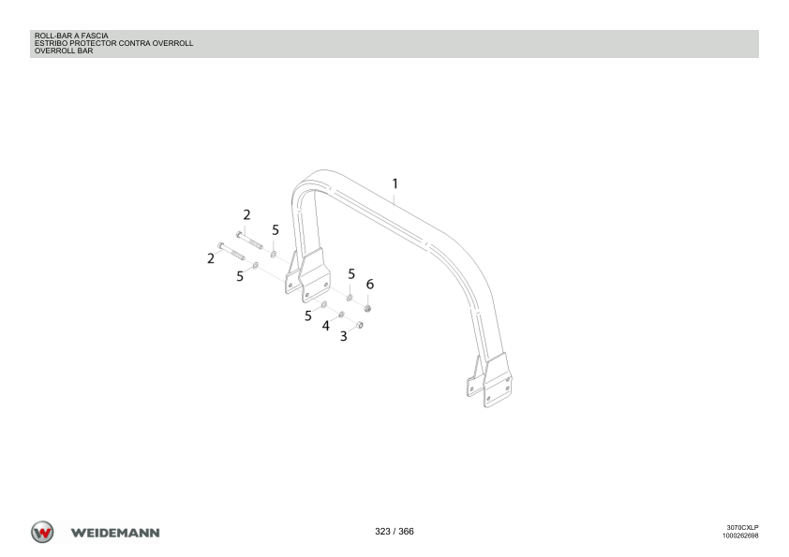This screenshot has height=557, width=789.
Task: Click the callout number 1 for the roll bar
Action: (395, 184)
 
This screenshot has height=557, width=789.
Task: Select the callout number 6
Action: (370, 285)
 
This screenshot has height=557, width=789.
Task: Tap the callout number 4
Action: (325, 327)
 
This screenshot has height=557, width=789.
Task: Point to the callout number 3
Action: (344, 336)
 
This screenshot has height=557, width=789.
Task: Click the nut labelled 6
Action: (368, 308)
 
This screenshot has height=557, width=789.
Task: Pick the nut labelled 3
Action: (360, 325)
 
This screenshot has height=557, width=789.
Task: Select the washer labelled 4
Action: (342, 315)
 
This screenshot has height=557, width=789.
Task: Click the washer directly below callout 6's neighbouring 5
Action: (350, 298)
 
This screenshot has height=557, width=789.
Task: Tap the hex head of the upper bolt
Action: (239, 234)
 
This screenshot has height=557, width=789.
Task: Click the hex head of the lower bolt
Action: (220, 246)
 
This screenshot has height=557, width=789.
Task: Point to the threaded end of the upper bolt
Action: (256, 245)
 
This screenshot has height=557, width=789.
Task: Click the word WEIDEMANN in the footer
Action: (115, 533)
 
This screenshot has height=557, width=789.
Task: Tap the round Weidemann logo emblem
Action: (42, 532)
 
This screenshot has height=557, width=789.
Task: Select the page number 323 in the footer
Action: (382, 532)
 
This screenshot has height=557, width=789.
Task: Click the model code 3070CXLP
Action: (743, 527)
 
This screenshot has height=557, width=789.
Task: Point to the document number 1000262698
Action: (740, 535)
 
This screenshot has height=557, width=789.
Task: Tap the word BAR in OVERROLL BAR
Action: (85, 51)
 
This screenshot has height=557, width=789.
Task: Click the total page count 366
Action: (406, 532)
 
